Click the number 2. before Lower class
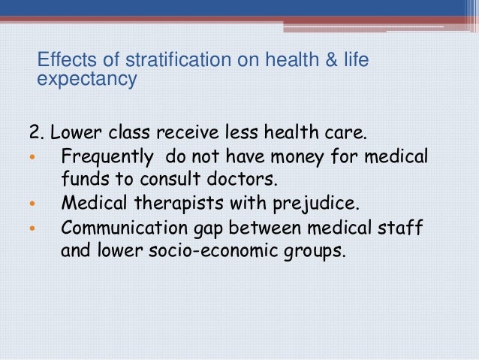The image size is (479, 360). tap(37, 135)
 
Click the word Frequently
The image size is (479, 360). tap(104, 157)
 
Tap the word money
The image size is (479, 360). tap(292, 157)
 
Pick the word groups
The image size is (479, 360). tap(316, 250)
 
